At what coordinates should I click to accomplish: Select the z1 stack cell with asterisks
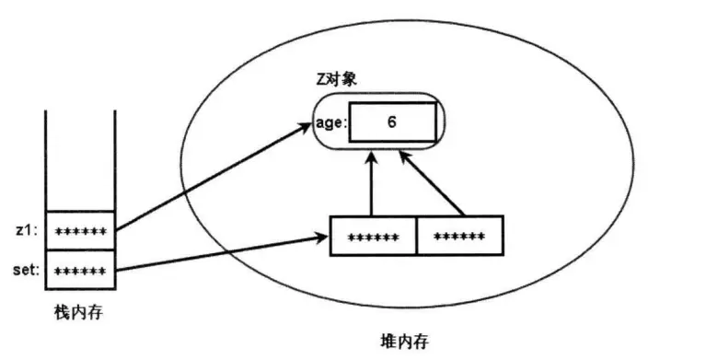(80, 230)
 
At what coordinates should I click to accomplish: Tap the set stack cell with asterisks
(80, 271)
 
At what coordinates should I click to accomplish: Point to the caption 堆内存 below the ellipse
(404, 340)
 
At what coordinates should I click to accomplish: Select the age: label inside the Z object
(331, 122)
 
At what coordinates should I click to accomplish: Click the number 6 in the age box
(392, 121)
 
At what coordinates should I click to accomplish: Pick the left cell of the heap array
(373, 237)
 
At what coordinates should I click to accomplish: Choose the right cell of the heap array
(459, 237)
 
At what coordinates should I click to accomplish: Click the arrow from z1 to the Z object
(212, 180)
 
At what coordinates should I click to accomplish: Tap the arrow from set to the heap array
(221, 255)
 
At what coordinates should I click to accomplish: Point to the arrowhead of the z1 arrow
(307, 126)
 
